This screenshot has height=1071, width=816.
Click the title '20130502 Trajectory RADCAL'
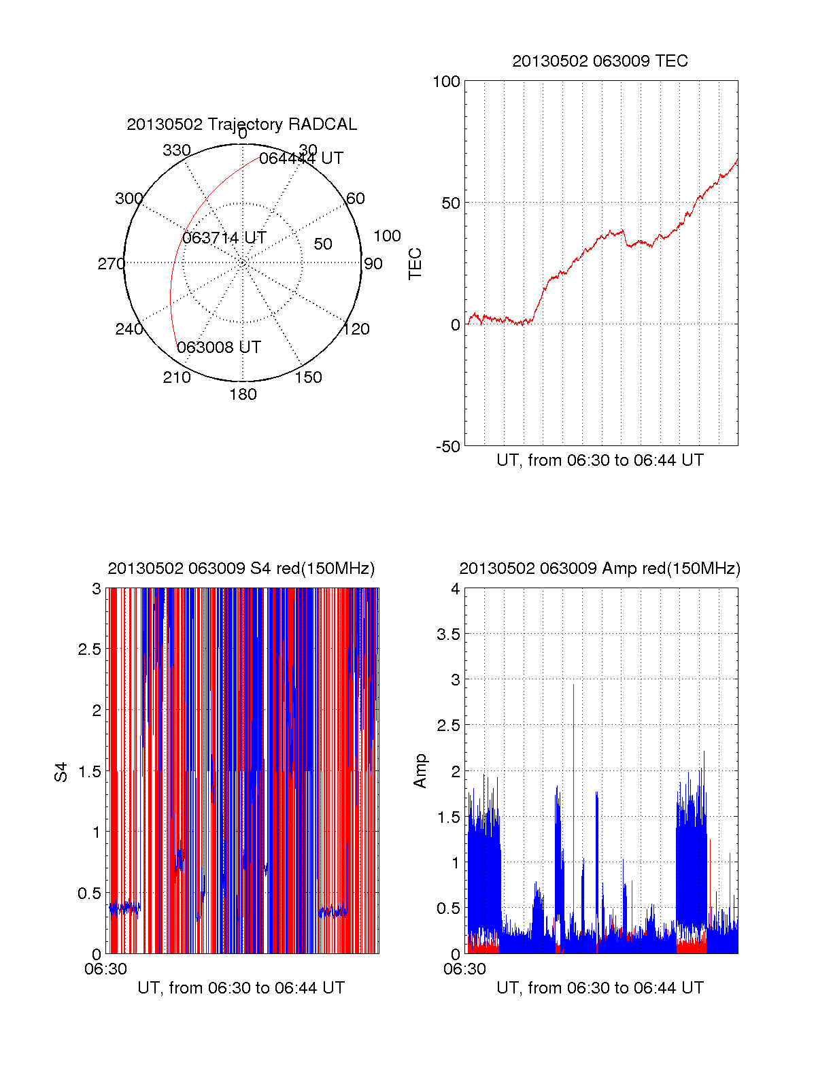tap(241, 124)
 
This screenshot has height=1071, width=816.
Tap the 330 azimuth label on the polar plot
tap(177, 150)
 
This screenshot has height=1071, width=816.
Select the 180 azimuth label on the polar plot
tap(243, 394)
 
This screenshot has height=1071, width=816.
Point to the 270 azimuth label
tap(111, 264)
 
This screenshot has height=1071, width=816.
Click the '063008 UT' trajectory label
tap(219, 347)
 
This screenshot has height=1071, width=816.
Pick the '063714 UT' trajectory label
tap(224, 238)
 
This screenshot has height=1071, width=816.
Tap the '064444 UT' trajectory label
tap(301, 158)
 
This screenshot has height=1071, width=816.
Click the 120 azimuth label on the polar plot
tap(356, 330)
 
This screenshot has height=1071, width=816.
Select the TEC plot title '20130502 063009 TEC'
tap(600, 61)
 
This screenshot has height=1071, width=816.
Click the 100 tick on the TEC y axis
tap(447, 82)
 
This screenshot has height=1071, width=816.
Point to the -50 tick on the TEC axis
tap(448, 447)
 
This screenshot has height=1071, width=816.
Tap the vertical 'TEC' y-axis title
tap(415, 264)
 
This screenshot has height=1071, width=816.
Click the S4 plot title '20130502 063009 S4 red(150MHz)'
tap(241, 568)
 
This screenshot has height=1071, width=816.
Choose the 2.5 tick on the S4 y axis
tap(90, 649)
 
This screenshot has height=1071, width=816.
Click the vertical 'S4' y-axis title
tap(61, 772)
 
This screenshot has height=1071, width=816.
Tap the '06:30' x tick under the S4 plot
tap(105, 969)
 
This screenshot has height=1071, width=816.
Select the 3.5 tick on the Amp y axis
tap(448, 634)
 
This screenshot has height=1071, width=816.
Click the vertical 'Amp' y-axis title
tap(420, 771)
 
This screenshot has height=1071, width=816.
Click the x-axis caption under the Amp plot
tap(600, 988)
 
